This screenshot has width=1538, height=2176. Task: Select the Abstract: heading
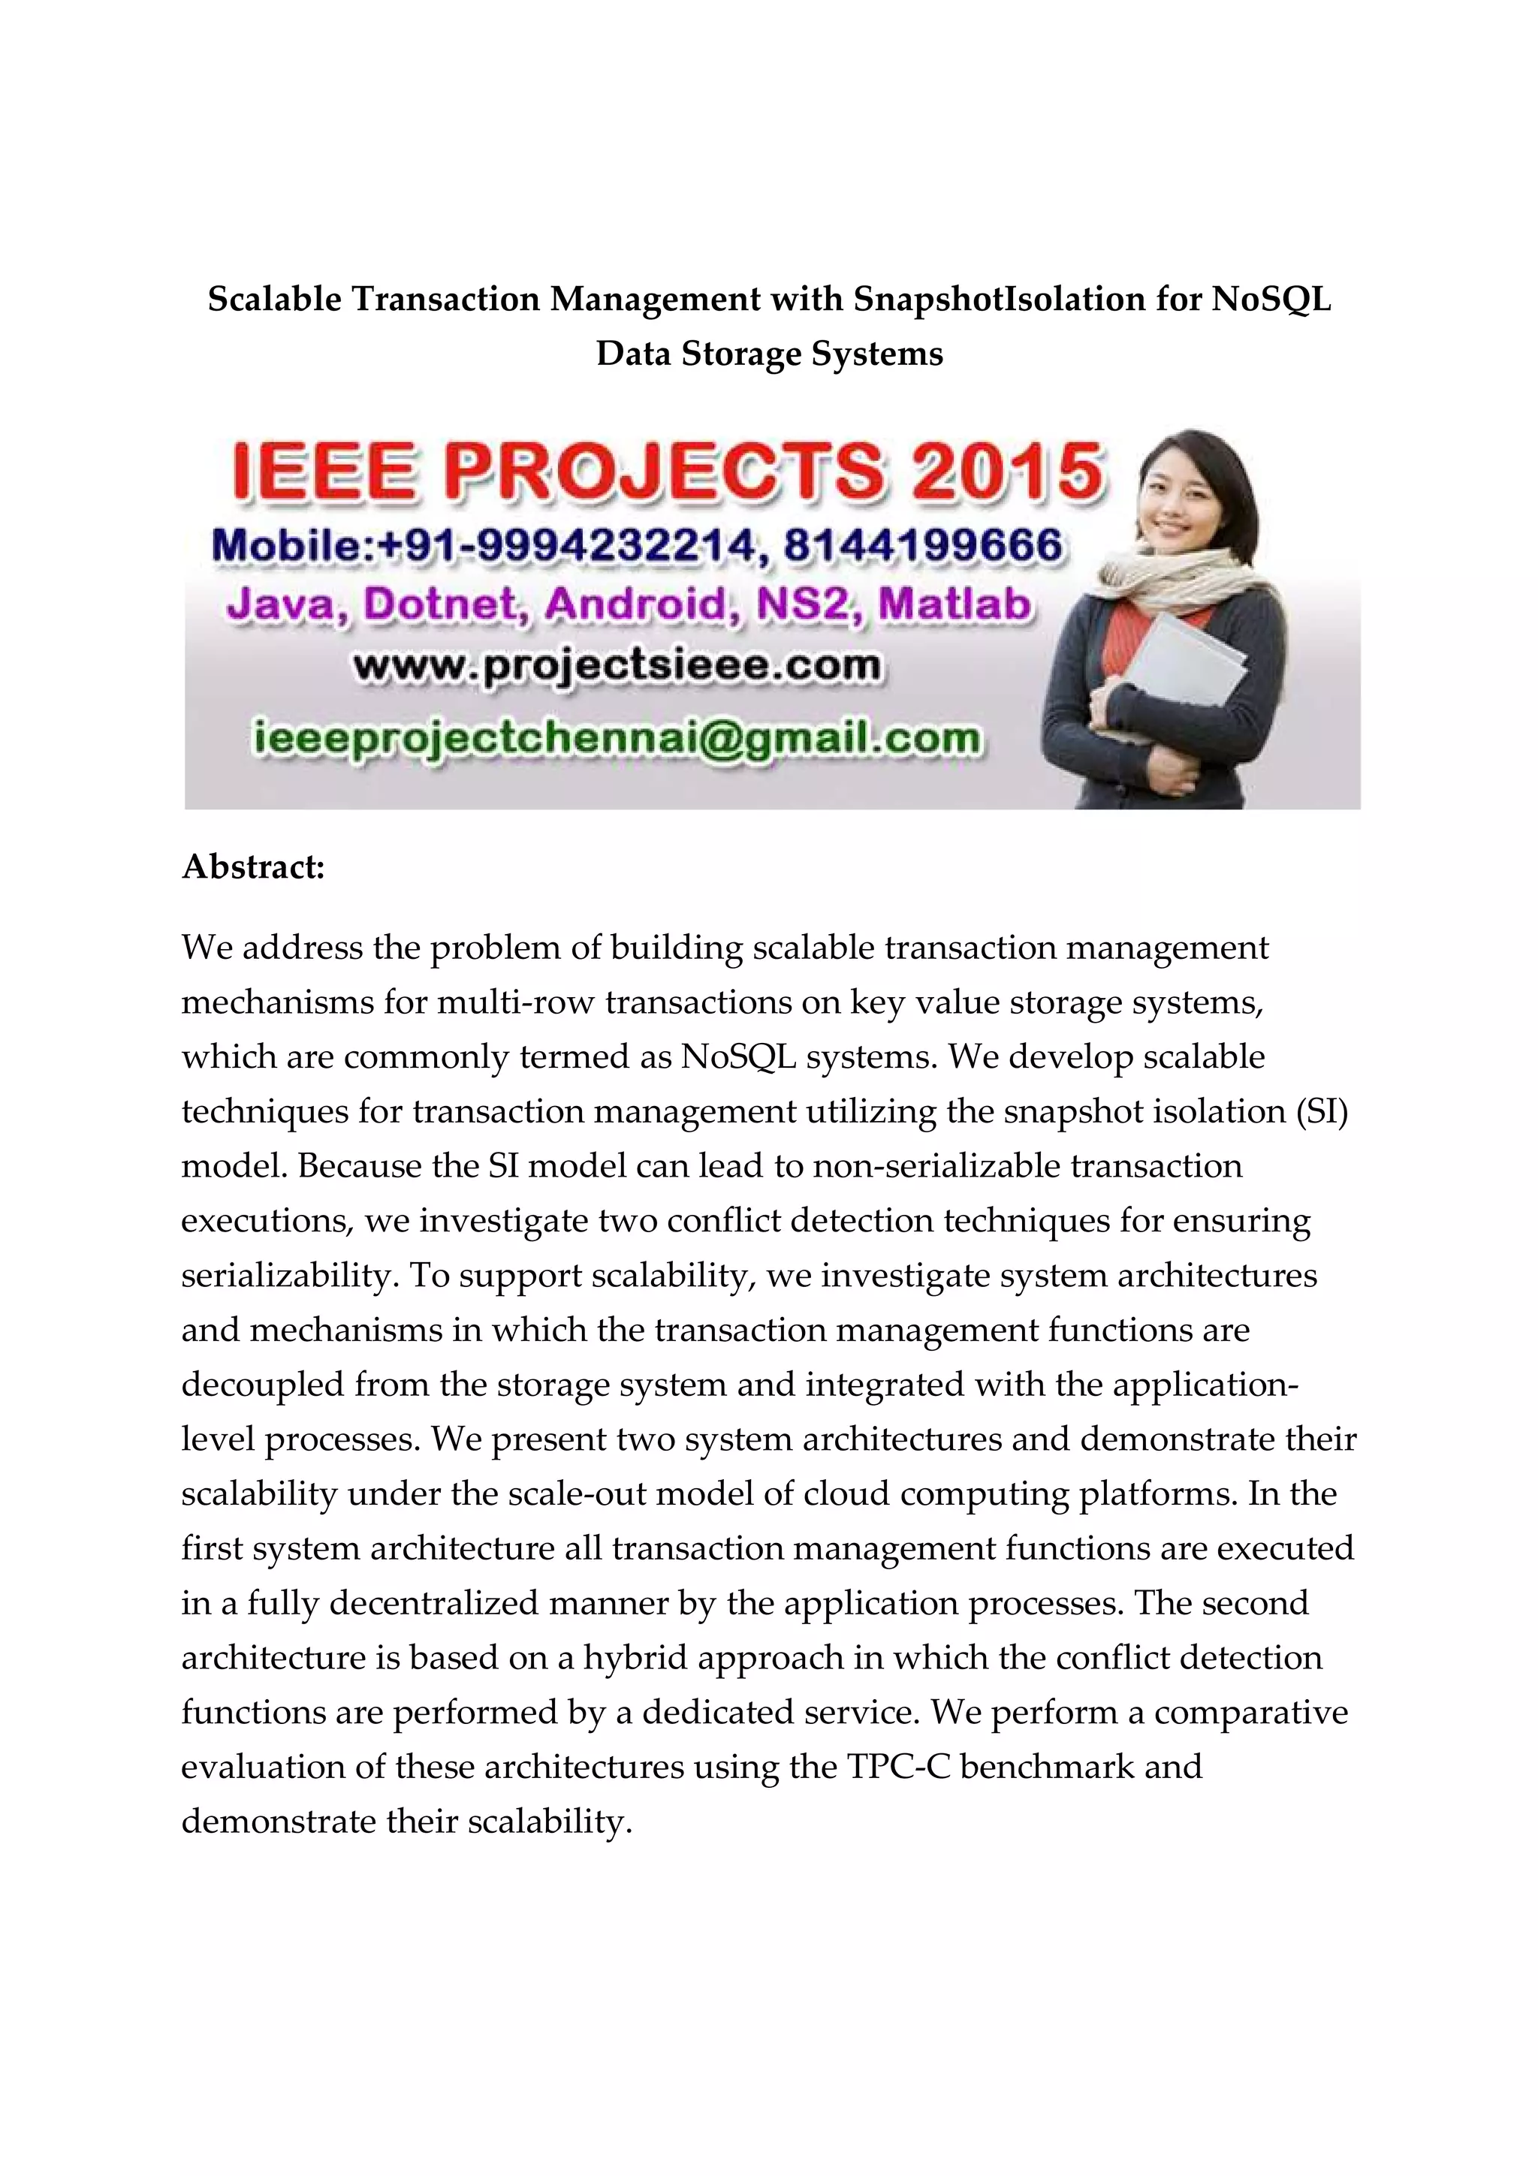[253, 866]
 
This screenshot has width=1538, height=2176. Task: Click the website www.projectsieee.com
[617, 666]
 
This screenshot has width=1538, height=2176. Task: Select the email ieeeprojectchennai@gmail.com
[617, 738]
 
